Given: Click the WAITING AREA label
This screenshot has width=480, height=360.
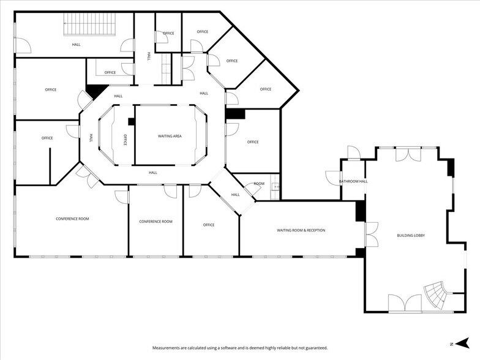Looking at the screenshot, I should click(170, 136).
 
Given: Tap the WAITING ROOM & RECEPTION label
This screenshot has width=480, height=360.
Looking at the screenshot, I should click(301, 230).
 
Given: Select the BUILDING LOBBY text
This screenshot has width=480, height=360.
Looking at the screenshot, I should click(411, 236).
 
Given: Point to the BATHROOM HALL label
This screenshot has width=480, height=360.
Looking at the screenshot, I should click(354, 181).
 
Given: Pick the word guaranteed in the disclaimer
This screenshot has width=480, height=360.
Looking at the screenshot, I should click(315, 348).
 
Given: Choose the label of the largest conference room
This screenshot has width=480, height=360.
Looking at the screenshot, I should click(72, 219).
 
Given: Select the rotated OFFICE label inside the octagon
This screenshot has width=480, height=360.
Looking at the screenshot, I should click(126, 140).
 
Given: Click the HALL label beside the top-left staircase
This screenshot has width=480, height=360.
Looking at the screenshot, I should click(76, 44).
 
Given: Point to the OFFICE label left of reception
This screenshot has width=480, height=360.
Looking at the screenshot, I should click(209, 225).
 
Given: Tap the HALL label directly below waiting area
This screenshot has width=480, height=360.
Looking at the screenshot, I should click(153, 173).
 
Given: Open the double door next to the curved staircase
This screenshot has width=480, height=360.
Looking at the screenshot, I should click(405, 302).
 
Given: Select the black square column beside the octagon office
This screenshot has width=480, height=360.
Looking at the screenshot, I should click(132, 121).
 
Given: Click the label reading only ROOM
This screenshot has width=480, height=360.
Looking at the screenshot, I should click(259, 184).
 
